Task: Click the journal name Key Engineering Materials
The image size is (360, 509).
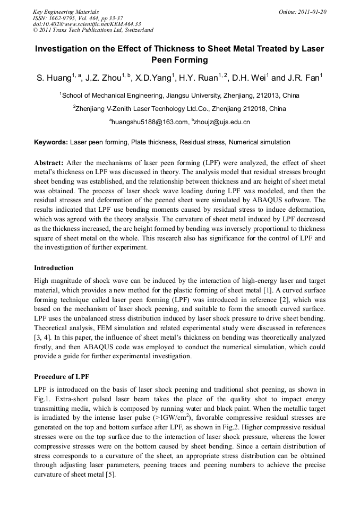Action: pyautogui.click(x=66, y=11)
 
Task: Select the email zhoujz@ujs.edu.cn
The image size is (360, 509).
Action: pyautogui.click(x=222, y=122)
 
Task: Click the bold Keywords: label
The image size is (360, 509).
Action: pyautogui.click(x=51, y=142)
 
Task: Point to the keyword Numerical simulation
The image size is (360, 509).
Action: pyautogui.click(x=260, y=142)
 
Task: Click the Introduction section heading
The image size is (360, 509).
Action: pyautogui.click(x=54, y=268)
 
